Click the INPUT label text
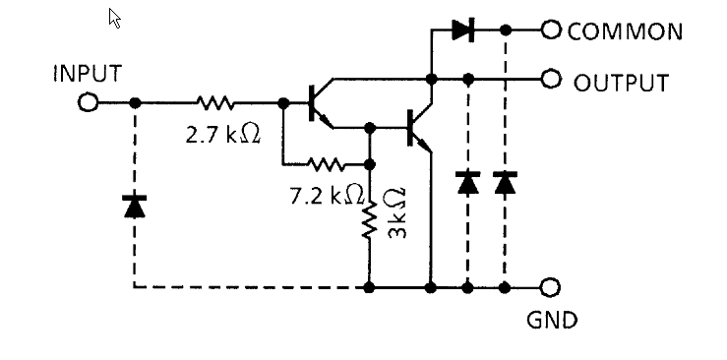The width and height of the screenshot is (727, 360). pyautogui.click(x=88, y=74)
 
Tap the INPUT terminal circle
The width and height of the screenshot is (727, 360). pyautogui.click(x=89, y=102)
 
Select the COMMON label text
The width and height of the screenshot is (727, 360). pyautogui.click(x=625, y=31)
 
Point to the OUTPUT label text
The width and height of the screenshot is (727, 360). pyautogui.click(x=621, y=82)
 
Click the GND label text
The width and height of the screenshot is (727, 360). pyautogui.click(x=552, y=321)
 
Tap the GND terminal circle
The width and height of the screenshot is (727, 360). pyautogui.click(x=550, y=287)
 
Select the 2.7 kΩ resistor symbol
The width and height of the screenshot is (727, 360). pyautogui.click(x=214, y=102)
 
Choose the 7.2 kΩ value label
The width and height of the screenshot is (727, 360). pyautogui.click(x=328, y=195)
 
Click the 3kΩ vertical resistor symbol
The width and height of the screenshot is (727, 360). pyautogui.click(x=370, y=221)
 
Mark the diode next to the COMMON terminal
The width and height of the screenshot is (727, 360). pyautogui.click(x=464, y=30)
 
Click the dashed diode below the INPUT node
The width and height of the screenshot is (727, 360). pyautogui.click(x=133, y=206)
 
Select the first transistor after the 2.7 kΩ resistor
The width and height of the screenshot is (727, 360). pyautogui.click(x=318, y=103)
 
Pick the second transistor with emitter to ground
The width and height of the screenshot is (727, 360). pyautogui.click(x=418, y=127)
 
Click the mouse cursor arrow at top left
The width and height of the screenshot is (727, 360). pyautogui.click(x=115, y=18)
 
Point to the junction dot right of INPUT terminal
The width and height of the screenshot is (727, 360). pyautogui.click(x=134, y=102)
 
